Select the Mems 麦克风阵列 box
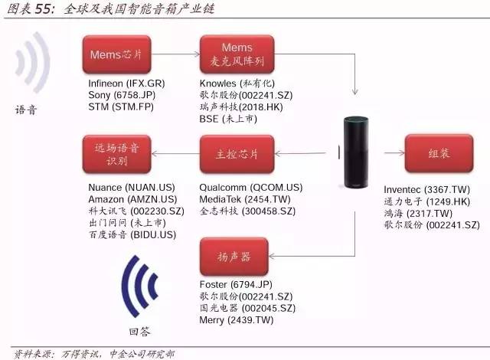236,54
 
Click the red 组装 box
438,152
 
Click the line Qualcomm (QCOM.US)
250,188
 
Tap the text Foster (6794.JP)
236,286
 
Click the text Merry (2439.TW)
236,319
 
